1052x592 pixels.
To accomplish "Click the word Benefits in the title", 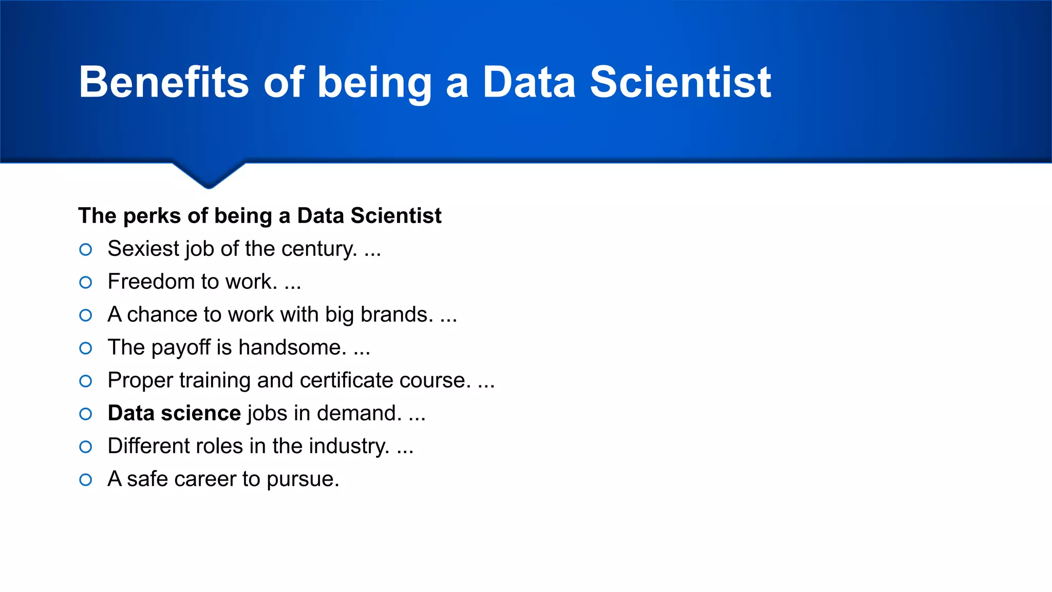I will point(163,82).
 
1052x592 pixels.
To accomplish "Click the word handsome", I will point(292,347).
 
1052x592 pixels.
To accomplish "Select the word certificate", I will point(346,380).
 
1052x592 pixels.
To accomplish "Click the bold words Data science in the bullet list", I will point(174,413).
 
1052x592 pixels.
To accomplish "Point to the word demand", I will point(359,413).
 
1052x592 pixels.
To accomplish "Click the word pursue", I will point(303,479).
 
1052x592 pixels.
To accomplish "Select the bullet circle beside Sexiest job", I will point(86,250).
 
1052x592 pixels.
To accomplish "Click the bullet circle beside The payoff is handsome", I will point(86,348).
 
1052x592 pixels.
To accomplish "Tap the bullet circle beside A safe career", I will point(86,480).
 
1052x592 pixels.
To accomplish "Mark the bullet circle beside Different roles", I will point(86,447).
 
